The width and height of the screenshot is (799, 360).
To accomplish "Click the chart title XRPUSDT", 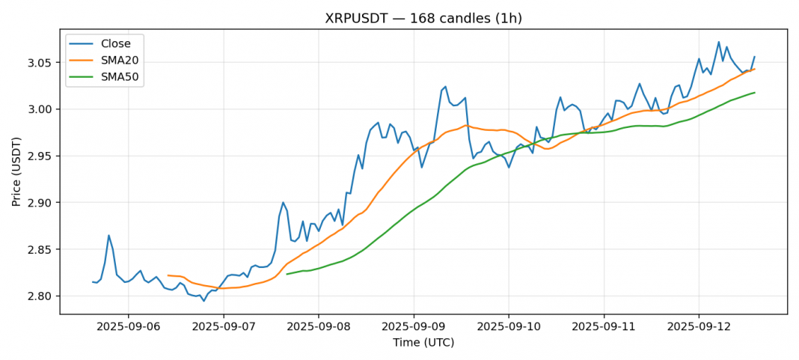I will tap(423, 18).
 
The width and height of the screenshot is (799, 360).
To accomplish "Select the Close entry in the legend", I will tap(116, 43).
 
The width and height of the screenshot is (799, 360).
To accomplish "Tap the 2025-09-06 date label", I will tap(128, 326).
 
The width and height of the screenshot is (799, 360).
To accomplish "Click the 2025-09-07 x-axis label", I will tap(223, 326).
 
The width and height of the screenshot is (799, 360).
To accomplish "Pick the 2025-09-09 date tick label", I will tap(414, 326).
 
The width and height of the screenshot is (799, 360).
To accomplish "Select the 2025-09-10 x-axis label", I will tap(509, 326).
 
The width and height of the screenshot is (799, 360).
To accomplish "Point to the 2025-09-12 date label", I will tap(699, 326).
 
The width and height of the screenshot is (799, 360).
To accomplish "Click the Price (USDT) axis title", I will tap(16, 171).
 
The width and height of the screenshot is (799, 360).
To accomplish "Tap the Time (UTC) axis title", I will tap(423, 343).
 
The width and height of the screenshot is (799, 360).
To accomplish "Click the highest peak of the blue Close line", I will tap(719, 42).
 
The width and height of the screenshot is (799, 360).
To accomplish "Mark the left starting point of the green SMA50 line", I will tap(287, 274).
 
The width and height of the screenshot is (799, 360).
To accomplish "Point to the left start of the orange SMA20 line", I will tap(168, 275).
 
